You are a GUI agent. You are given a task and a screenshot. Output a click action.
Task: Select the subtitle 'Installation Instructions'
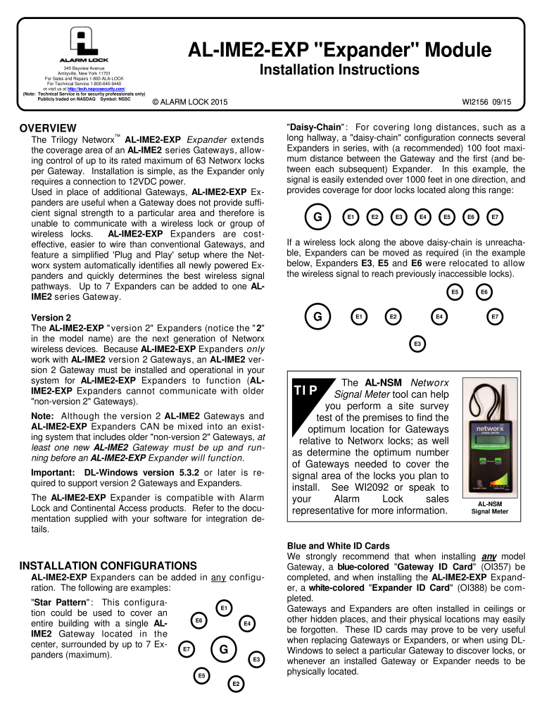pyautogui.click(x=340, y=70)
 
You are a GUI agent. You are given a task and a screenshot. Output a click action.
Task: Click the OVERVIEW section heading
pyautogui.click(x=48, y=128)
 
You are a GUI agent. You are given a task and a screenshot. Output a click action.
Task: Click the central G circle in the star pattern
pyautogui.click(x=222, y=649)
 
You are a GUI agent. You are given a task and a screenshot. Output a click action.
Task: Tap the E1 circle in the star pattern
pyautogui.click(x=223, y=606)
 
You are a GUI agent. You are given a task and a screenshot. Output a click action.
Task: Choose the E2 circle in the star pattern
pyautogui.click(x=237, y=684)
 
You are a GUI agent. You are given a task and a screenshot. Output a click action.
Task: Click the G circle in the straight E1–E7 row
pyautogui.click(x=317, y=217)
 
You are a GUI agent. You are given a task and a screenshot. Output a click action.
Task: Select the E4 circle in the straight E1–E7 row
pyautogui.click(x=423, y=217)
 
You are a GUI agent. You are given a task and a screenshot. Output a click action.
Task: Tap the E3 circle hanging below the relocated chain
pyautogui.click(x=417, y=343)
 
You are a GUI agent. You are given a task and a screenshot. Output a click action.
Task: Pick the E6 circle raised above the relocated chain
pyautogui.click(x=484, y=291)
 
